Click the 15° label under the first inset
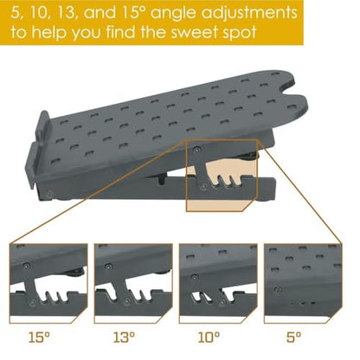tap(39, 337)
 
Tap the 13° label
tap(124, 337)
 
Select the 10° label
tap(209, 337)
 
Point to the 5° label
tap(293, 337)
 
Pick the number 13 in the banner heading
tap(66, 13)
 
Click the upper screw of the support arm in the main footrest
tap(196, 150)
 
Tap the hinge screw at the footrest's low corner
tap(49, 194)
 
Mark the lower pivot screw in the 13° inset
tap(126, 302)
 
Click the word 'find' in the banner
tap(121, 32)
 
